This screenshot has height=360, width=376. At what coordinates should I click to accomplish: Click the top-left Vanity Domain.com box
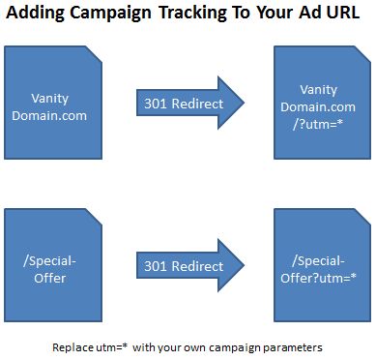click(52, 102)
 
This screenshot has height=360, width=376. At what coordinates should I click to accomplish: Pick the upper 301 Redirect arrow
click(184, 103)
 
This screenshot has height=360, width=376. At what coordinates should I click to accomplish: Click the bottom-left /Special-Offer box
click(52, 266)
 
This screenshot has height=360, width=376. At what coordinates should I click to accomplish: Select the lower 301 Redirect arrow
click(184, 266)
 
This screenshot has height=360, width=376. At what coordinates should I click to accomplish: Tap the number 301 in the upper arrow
click(155, 103)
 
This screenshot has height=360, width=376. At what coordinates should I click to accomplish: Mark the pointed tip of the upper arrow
click(248, 103)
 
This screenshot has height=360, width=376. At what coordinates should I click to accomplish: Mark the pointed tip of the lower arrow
click(248, 266)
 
